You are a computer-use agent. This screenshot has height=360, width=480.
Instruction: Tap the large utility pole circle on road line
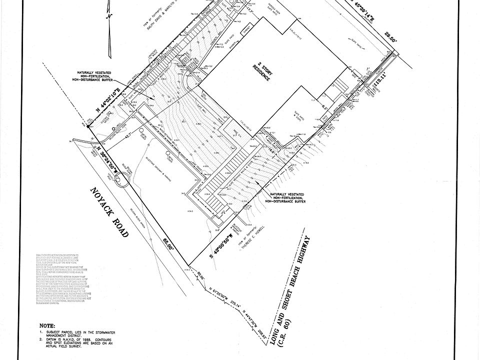[120, 179]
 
